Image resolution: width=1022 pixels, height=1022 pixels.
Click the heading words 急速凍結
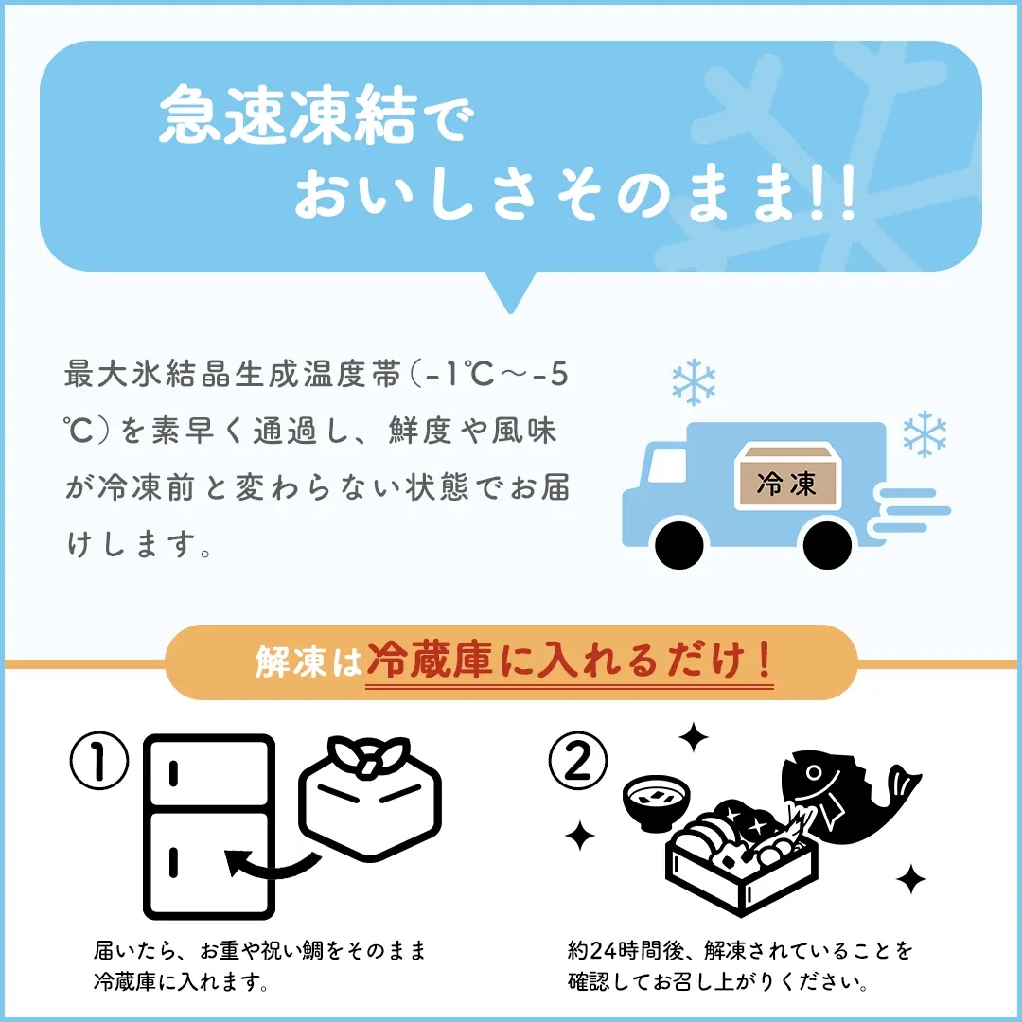pos(288,115)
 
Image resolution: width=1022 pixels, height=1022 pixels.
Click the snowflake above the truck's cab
pos(694,381)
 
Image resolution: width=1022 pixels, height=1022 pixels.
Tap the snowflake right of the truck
pos(925,433)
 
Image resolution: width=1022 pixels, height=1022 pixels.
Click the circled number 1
pos(99,761)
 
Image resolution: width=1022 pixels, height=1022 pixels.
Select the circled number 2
pos(577,761)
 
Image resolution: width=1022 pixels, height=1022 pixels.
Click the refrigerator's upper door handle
pos(173,774)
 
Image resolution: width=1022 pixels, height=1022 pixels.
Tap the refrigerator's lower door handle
pos(173,862)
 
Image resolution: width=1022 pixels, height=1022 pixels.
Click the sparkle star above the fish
pos(694,737)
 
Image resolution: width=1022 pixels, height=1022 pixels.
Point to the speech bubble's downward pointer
pos(511,291)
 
